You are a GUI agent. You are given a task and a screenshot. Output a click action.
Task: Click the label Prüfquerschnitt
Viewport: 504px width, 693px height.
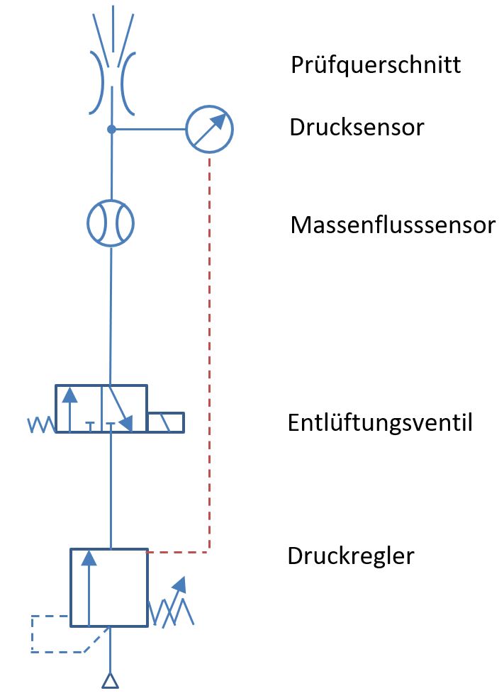click(376, 66)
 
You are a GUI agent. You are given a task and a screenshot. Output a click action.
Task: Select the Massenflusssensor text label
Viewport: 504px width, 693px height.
click(393, 226)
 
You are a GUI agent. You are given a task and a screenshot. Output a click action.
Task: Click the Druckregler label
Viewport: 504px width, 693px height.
click(350, 556)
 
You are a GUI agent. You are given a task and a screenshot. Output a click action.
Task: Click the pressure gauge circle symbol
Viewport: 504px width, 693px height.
click(209, 130)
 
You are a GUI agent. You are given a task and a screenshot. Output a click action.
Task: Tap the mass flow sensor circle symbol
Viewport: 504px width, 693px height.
click(111, 223)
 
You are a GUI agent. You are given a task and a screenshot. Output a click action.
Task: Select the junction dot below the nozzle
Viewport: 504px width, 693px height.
click(111, 130)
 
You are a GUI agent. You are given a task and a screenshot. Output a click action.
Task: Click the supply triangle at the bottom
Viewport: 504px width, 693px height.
click(109, 681)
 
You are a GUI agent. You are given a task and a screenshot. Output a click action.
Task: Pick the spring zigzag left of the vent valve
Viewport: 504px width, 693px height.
click(40, 424)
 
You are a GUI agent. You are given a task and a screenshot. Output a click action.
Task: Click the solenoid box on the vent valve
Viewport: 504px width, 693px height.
click(166, 422)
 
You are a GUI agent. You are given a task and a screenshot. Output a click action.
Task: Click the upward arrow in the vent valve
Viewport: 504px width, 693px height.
click(69, 408)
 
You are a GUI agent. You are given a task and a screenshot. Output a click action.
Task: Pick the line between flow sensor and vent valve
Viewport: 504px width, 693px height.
click(111, 312)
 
